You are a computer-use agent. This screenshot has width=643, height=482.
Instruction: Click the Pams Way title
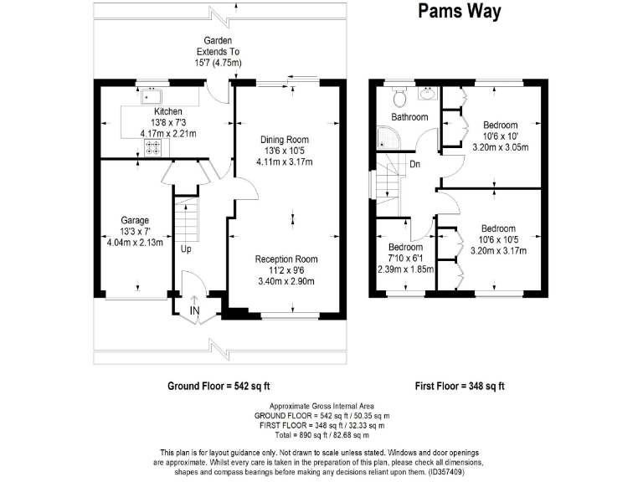coord(460,11)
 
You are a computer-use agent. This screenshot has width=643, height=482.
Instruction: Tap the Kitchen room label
coord(168,111)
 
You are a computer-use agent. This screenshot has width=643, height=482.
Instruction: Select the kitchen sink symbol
coord(152,97)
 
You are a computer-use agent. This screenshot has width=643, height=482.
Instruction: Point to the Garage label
coord(135,221)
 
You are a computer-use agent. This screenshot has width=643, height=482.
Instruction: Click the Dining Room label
coord(285,140)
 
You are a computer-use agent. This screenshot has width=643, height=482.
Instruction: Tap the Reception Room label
coord(286,259)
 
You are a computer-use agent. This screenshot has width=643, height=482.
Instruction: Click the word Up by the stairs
coord(186,249)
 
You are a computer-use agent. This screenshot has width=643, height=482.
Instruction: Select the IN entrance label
coord(195,310)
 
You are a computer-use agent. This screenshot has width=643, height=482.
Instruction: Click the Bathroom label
coord(409,117)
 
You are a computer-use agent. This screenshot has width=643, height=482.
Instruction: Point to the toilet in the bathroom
coord(399,97)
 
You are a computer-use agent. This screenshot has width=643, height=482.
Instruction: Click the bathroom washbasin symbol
coord(428,94)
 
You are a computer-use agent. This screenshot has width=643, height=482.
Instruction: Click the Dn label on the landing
coord(415,164)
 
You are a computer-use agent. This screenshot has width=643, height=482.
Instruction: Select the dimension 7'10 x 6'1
coord(405,259)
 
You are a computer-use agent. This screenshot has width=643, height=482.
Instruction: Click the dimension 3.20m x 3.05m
coord(501,147)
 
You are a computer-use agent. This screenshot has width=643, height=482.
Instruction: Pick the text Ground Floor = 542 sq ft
coord(219,386)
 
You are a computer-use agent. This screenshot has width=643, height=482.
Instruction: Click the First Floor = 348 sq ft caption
coord(460,386)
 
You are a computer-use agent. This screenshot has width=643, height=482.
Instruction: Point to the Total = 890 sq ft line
coord(321,435)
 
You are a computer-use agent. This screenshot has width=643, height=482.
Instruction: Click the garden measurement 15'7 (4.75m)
coord(219,63)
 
